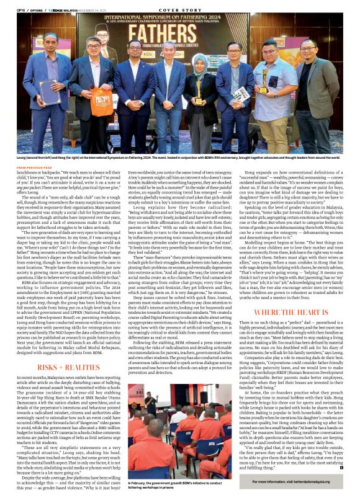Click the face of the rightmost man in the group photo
click(308, 48)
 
